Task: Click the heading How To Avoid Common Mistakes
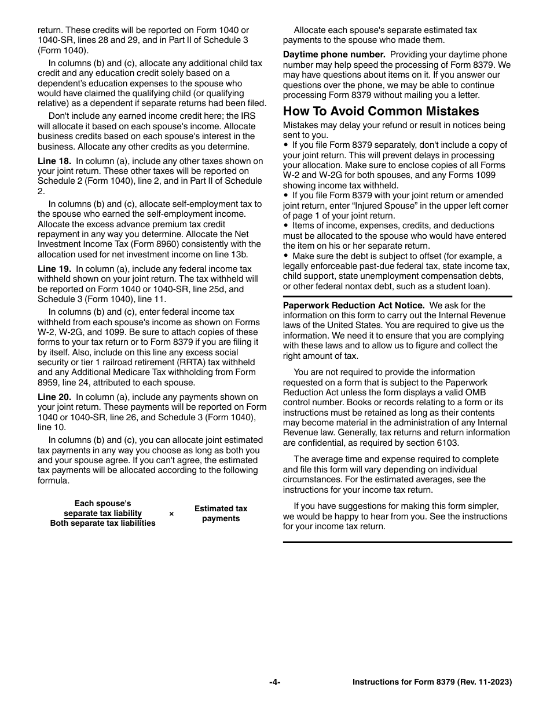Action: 381,111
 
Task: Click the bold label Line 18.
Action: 54,161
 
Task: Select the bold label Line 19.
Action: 54,269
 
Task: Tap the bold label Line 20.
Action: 54,397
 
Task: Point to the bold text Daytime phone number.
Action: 334,54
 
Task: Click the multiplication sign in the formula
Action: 171,514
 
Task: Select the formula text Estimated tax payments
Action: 221,514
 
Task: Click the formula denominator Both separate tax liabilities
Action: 102,523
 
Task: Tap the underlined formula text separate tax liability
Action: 102,514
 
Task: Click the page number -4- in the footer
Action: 275,682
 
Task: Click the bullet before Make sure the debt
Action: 286,256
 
